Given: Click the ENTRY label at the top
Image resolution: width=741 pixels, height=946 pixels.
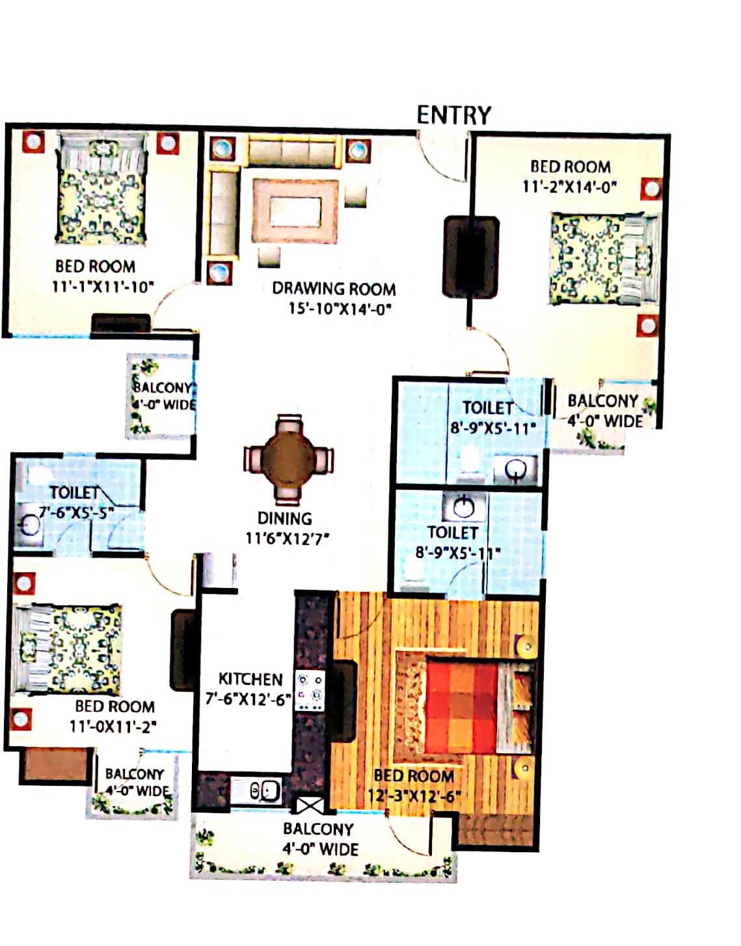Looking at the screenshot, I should coord(453,115).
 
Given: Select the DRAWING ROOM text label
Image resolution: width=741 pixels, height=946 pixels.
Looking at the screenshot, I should coord(333,288).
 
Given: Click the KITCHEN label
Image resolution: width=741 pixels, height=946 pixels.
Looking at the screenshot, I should coord(250,679).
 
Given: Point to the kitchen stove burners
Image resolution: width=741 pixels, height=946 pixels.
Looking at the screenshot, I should coord(310,690).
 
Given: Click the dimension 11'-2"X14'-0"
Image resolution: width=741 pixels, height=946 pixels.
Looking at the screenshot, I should coord(569,188).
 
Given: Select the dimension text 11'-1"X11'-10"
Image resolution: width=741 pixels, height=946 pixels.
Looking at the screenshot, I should coord(103,286).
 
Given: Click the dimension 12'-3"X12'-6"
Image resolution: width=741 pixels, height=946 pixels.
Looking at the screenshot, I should coord(414,796).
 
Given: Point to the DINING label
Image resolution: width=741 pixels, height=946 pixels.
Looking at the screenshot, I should coord(284,519).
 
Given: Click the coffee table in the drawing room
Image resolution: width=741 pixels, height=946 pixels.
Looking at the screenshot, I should coord(295,211).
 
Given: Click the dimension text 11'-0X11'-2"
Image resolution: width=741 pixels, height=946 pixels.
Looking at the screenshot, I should coord(113,727).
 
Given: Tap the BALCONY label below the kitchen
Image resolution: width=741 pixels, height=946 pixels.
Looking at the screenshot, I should coord(318,829).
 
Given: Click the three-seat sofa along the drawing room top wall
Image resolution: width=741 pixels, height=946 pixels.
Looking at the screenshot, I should coord(292,152).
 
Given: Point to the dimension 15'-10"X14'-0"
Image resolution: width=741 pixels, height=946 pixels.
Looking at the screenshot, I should coord(340,309).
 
